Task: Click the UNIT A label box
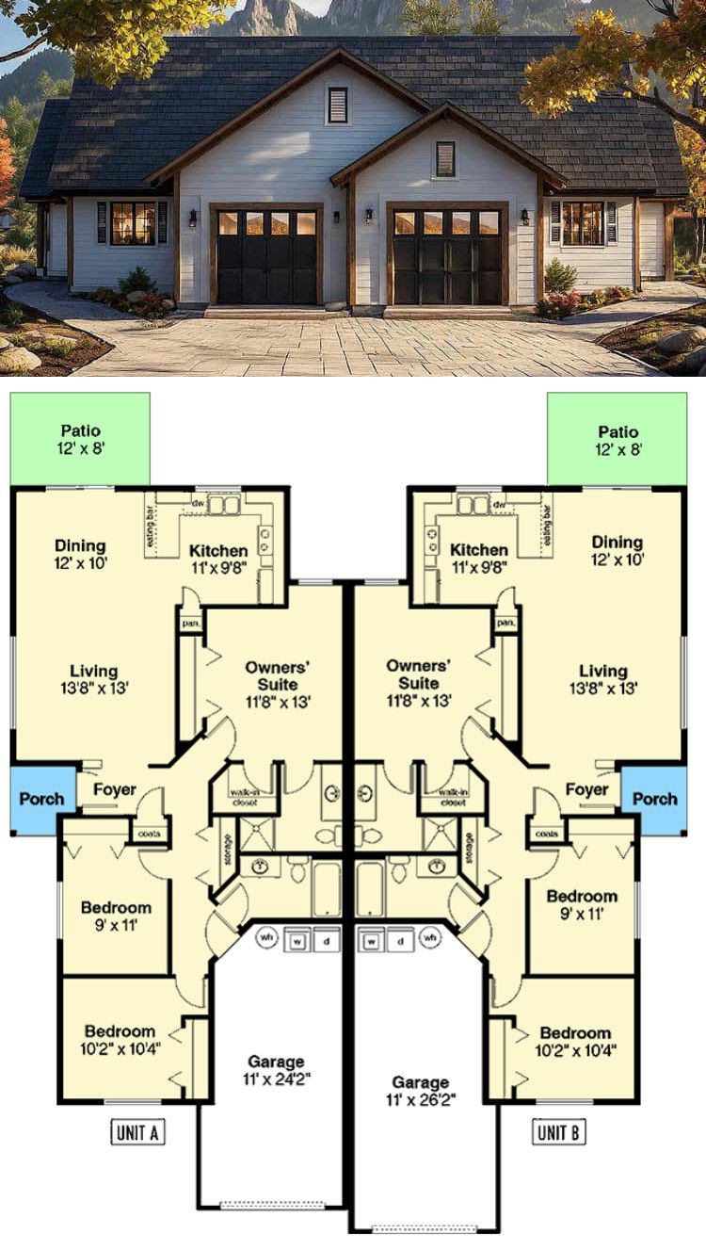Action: click(x=137, y=1132)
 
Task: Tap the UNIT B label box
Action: click(x=558, y=1132)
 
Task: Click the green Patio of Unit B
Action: click(x=617, y=439)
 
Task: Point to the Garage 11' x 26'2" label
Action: click(x=421, y=1091)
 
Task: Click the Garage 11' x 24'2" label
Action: click(x=277, y=1070)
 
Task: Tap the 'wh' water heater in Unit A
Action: click(x=267, y=937)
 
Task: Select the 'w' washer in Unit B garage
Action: click(x=371, y=942)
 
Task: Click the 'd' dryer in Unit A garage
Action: click(x=327, y=942)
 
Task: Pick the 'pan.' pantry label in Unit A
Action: click(x=190, y=623)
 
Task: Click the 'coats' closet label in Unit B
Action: click(x=547, y=834)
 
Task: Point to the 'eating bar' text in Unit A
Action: click(x=149, y=526)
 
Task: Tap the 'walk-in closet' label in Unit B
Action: click(x=453, y=798)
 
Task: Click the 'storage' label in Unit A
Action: click(x=227, y=849)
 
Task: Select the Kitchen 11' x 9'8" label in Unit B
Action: click(x=479, y=559)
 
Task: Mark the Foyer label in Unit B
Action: click(x=586, y=789)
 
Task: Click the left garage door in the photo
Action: click(x=266, y=255)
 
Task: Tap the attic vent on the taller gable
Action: click(x=337, y=105)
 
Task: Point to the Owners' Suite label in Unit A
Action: click(x=278, y=684)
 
